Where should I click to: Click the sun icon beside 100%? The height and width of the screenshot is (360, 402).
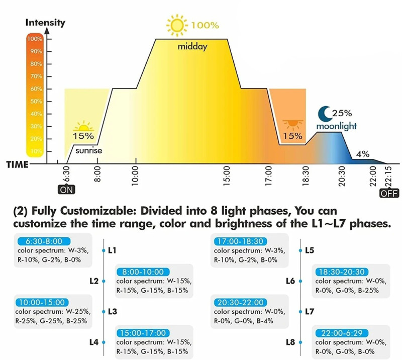coord(176,25)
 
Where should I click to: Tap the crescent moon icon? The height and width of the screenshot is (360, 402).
coord(324,113)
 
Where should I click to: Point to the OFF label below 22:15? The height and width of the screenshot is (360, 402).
coord(386,194)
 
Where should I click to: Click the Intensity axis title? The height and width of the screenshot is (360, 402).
coord(45,22)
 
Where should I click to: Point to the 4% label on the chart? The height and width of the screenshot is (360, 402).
coord(362,153)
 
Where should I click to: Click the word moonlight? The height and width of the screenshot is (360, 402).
coord(336,126)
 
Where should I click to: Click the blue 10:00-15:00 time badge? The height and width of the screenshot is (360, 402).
coord(42,302)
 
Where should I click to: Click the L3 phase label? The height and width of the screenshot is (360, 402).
coord(113,312)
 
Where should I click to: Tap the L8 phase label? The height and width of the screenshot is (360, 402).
coord(290,342)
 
